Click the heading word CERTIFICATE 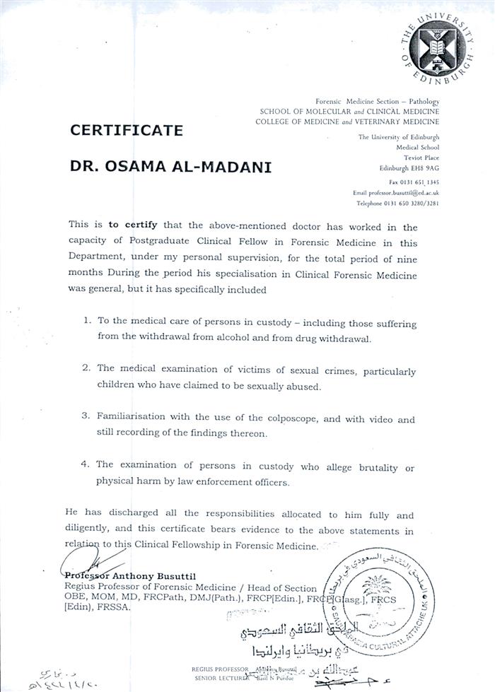point(126,130)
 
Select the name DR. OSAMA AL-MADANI point(161,168)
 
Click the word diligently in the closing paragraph point(91,531)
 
